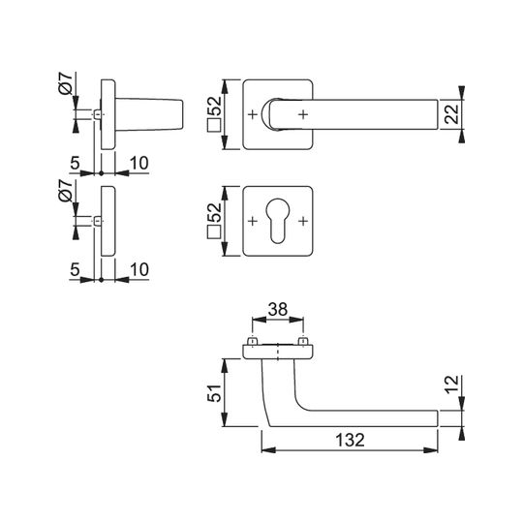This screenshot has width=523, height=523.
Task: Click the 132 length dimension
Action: (x=350, y=440)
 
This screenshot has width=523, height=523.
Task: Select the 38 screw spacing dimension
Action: (x=278, y=310)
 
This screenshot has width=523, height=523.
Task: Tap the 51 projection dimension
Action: (x=215, y=393)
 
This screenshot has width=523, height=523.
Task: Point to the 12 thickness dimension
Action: (x=452, y=385)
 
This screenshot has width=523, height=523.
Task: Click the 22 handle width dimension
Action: (x=452, y=114)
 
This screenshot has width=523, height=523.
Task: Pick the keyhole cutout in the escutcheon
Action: (x=278, y=221)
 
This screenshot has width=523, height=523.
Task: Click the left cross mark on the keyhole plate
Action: (x=253, y=221)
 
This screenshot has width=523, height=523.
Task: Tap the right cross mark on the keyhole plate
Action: (x=303, y=221)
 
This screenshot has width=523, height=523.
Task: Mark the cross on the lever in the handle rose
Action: (x=303, y=114)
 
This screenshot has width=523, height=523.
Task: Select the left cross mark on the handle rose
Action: (x=253, y=114)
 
